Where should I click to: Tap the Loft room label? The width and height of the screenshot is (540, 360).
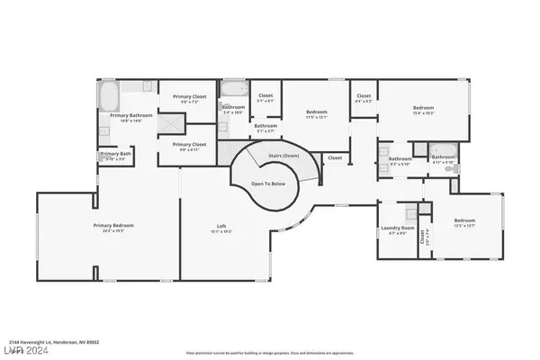(220, 226)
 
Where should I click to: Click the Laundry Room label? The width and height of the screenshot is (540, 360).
(397, 228)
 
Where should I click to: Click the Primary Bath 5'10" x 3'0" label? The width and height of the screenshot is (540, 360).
(113, 154)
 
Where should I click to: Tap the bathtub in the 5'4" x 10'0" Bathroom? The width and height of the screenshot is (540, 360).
(233, 89)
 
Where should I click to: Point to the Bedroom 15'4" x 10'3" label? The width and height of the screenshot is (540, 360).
(423, 111)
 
